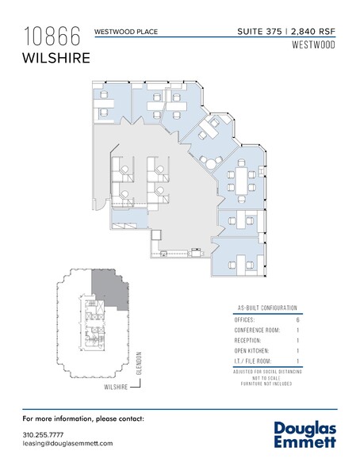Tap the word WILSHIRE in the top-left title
tap(56, 58)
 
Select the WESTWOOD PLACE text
tap(126, 32)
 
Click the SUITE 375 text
tap(261, 32)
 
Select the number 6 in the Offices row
tap(297, 319)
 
